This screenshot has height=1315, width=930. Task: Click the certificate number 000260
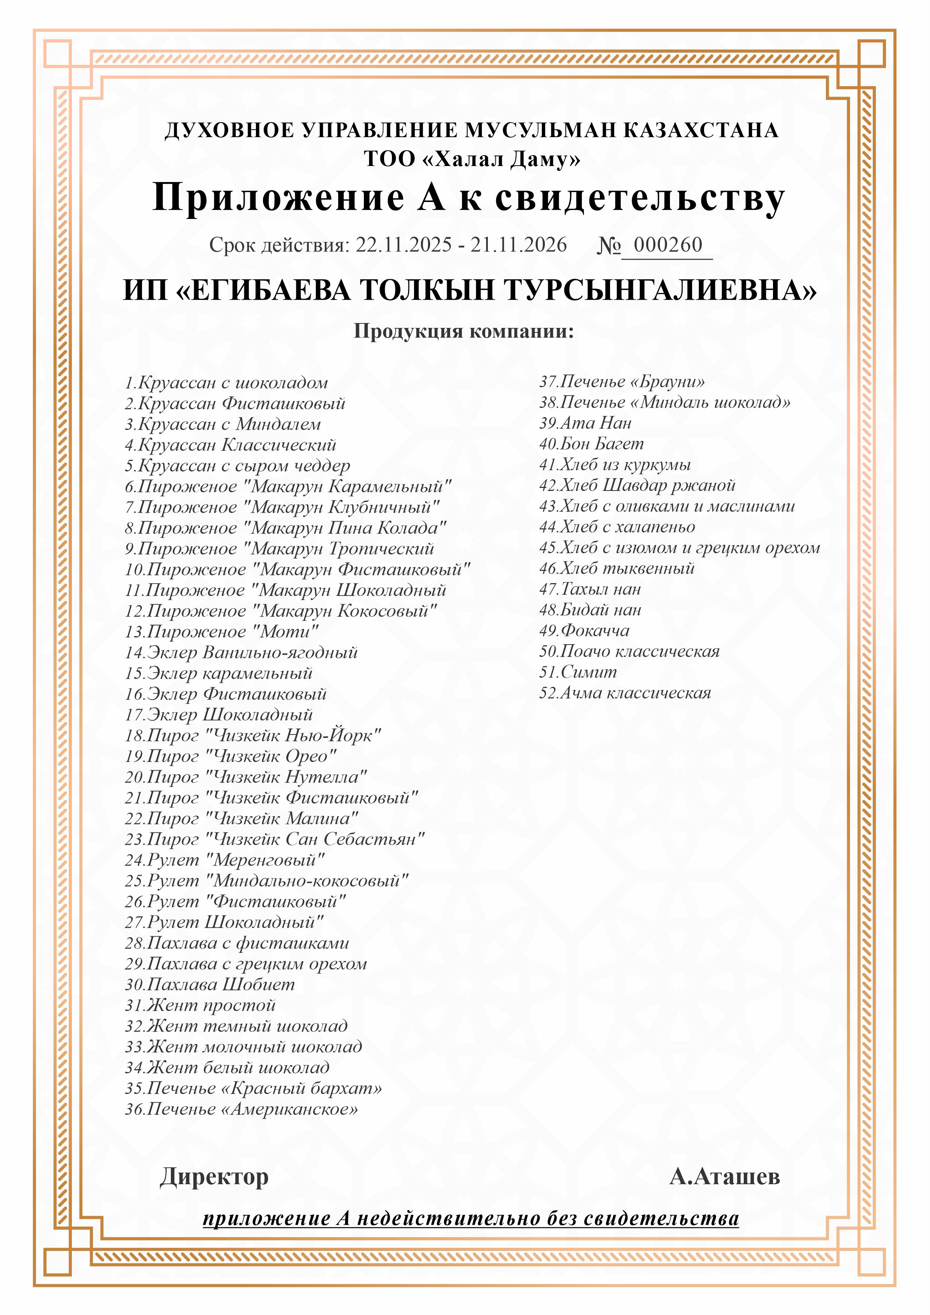pyautogui.click(x=668, y=245)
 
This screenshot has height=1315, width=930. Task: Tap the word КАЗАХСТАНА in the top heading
pyautogui.click(x=700, y=130)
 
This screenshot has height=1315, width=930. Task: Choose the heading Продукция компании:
pyautogui.click(x=464, y=331)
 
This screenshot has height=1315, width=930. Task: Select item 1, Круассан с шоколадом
pyautogui.click(x=227, y=383)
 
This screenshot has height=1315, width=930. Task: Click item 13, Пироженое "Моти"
pyautogui.click(x=221, y=632)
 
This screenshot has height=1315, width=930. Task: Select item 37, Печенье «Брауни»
pyautogui.click(x=622, y=381)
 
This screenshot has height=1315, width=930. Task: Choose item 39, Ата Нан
pyautogui.click(x=585, y=423)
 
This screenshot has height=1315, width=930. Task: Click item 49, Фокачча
pyautogui.click(x=584, y=631)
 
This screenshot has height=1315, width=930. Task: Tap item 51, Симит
pyautogui.click(x=578, y=672)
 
